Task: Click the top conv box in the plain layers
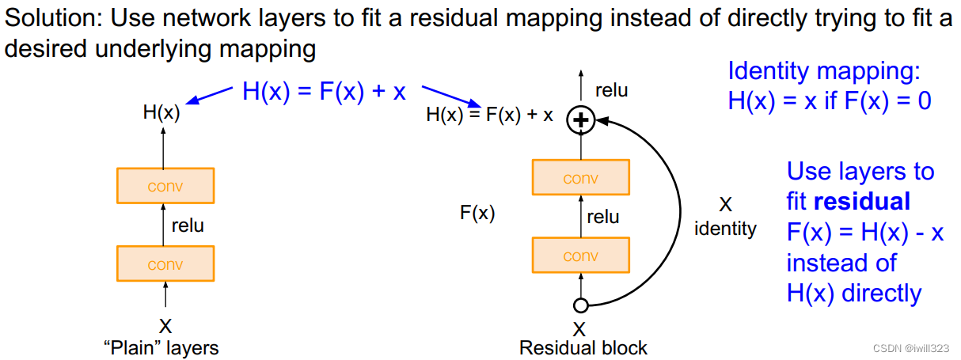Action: pyautogui.click(x=165, y=186)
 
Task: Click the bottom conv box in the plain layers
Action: pyautogui.click(x=165, y=264)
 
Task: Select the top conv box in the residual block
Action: pyautogui.click(x=580, y=178)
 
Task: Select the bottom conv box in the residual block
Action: pyautogui.click(x=580, y=256)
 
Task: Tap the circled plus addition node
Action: pyautogui.click(x=581, y=120)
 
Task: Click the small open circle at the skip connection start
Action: pyautogui.click(x=580, y=305)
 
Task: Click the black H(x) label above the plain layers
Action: pyautogui.click(x=161, y=113)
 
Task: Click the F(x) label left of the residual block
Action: pyautogui.click(x=477, y=213)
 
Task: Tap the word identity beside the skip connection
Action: pyautogui.click(x=725, y=229)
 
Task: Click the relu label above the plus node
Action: pyautogui.click(x=611, y=90)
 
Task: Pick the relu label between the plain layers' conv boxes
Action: pyautogui.click(x=188, y=225)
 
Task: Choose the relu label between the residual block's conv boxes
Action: pyautogui.click(x=603, y=217)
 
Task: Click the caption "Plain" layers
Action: pyautogui.click(x=161, y=347)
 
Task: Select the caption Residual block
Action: pyautogui.click(x=583, y=347)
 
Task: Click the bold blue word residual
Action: pyautogui.click(x=862, y=202)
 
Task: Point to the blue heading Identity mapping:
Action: pyautogui.click(x=824, y=71)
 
